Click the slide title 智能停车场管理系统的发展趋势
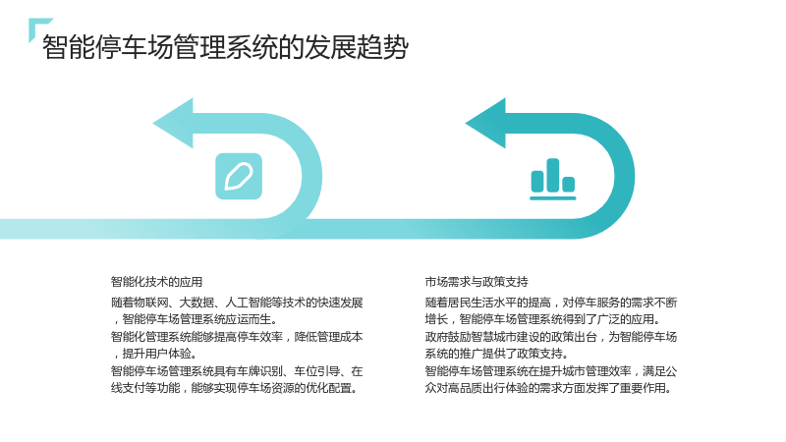[x=225, y=47]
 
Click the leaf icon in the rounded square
[x=239, y=177]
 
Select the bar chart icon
[x=553, y=179]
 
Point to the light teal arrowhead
[x=174, y=124]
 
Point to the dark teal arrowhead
[x=486, y=124]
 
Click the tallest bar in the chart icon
[x=553, y=175]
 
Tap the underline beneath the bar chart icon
[x=553, y=198]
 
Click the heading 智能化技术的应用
[x=156, y=282]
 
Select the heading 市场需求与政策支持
[x=477, y=282]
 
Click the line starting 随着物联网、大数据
[x=237, y=303]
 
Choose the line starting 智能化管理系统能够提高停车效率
[x=237, y=337]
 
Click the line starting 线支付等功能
[x=235, y=388]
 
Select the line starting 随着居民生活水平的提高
[x=551, y=303]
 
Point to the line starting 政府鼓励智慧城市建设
[x=551, y=337]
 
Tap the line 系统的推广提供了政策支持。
[x=497, y=354]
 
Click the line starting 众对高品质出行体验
[x=549, y=388]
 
